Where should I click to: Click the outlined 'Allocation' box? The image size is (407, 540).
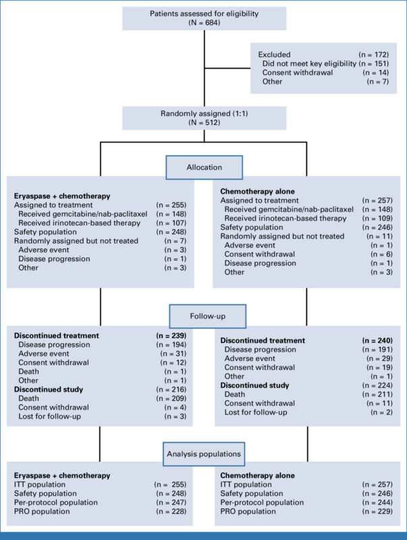203,167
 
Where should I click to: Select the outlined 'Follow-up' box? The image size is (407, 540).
203,315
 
